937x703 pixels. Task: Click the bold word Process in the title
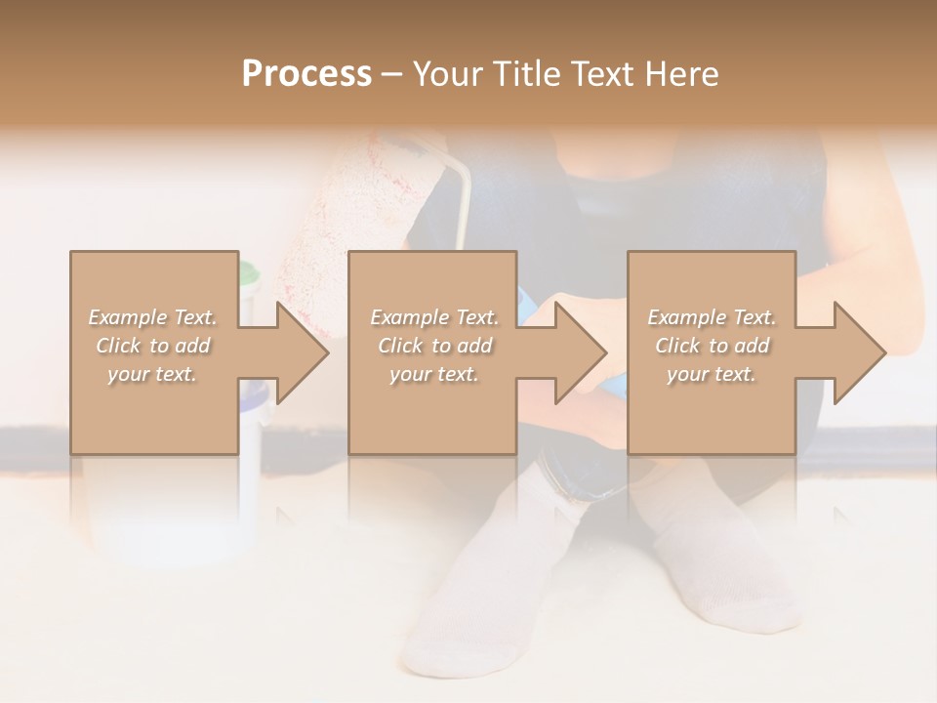pos(306,73)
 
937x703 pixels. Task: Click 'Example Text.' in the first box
pos(153,317)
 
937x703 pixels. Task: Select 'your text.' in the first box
pos(153,374)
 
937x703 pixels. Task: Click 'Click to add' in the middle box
pos(434,346)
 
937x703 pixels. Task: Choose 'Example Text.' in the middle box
pos(434,317)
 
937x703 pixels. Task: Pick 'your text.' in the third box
pos(712,374)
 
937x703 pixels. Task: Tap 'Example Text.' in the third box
pos(712,317)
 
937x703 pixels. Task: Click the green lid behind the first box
pos(248,273)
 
